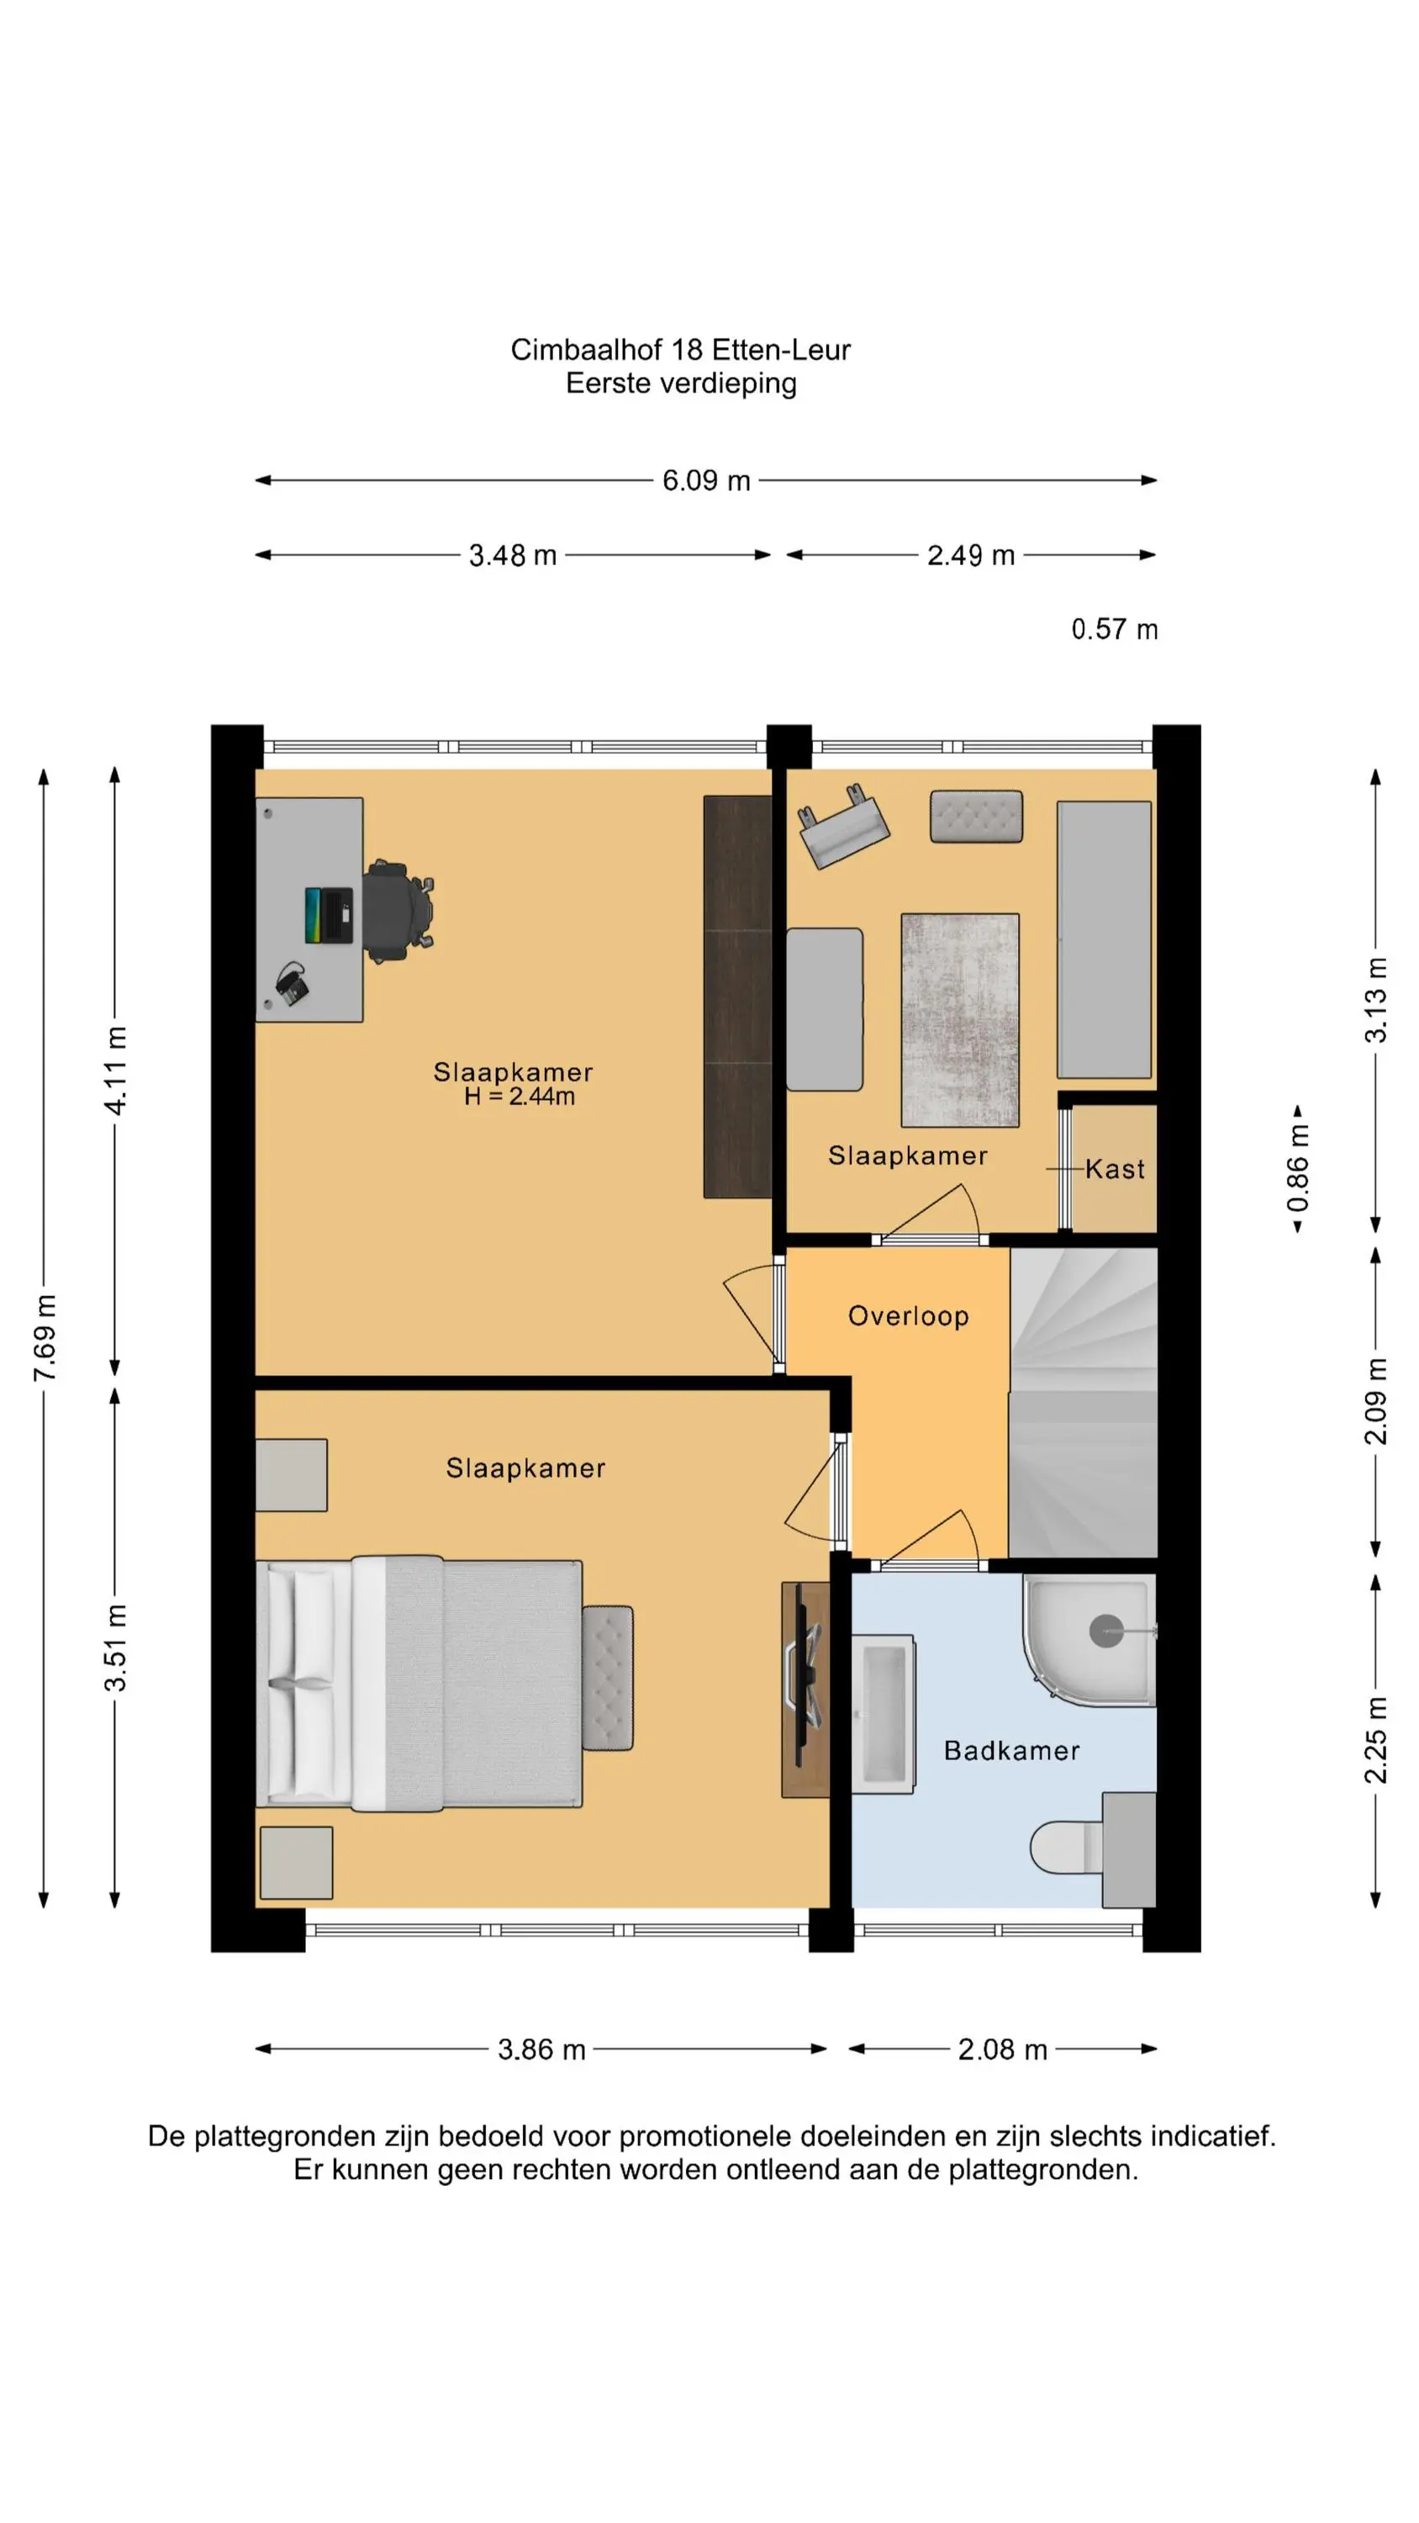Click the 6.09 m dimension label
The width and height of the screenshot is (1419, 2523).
coord(706,480)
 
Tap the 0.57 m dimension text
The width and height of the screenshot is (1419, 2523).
coord(1115,629)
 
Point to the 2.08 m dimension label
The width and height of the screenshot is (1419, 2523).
coord(1002,2049)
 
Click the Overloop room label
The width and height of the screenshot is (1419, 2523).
coord(908,1316)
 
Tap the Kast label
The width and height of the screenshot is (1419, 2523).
coord(1115,1168)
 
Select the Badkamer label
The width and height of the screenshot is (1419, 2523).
coord(1011,1750)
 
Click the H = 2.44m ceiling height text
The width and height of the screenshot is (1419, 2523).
coord(519,1096)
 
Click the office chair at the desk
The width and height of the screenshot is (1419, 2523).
coord(398,911)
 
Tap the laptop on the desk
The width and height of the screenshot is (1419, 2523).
coord(328,915)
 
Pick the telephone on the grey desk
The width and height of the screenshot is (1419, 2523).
coord(292,983)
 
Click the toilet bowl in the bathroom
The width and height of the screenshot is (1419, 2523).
coord(1065,1846)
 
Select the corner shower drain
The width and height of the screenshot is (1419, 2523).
coord(1105,1631)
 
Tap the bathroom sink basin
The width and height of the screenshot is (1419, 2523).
coord(883,1714)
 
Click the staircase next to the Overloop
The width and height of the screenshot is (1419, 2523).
coord(1083,1403)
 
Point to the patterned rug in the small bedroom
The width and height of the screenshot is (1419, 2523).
coord(960,1019)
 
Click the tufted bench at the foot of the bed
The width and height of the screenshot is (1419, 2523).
coord(607,1678)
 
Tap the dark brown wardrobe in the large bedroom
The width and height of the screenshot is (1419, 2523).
coord(737,996)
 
